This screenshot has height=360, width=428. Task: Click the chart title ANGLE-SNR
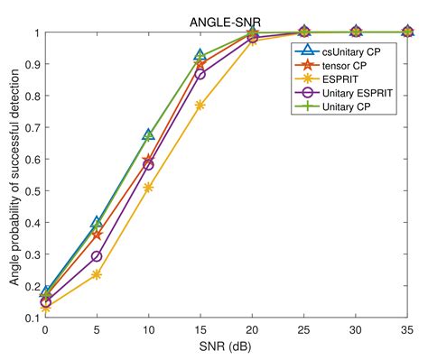pyautogui.click(x=226, y=22)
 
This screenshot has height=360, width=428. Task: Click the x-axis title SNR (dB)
pyautogui.click(x=226, y=347)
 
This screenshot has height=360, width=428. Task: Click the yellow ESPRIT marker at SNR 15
pyautogui.click(x=200, y=106)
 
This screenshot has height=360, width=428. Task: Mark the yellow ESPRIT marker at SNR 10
pyautogui.click(x=148, y=188)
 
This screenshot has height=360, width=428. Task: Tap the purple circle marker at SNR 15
pyautogui.click(x=200, y=74)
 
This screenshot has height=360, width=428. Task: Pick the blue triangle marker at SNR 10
pyautogui.click(x=148, y=134)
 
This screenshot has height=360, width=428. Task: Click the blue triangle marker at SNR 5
pyautogui.click(x=97, y=222)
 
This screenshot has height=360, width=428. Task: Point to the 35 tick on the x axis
pyautogui.click(x=406, y=330)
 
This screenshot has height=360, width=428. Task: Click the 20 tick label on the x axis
pyautogui.click(x=252, y=330)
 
